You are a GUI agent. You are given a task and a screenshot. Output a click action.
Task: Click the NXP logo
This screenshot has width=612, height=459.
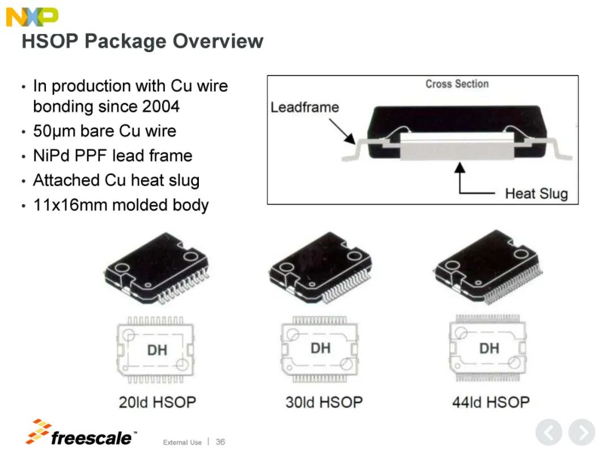click(32, 17)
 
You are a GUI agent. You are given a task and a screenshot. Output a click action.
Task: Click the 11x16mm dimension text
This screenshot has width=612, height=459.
click(70, 205)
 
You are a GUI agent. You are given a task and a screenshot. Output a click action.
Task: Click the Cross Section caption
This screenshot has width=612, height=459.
click(457, 84)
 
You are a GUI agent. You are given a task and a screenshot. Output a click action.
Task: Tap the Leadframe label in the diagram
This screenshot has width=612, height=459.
click(305, 107)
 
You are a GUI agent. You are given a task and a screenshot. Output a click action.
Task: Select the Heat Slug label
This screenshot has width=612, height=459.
click(536, 194)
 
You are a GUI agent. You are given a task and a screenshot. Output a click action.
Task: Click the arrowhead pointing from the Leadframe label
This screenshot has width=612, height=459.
click(351, 139)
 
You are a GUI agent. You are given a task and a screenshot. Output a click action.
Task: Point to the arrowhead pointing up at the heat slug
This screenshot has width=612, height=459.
click(460, 167)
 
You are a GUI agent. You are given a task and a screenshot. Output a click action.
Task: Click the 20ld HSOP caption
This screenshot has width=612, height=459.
click(158, 402)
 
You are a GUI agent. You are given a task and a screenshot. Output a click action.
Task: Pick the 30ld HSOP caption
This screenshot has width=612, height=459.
click(324, 402)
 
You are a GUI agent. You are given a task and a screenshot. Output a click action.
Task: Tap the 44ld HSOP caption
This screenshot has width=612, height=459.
click(491, 402)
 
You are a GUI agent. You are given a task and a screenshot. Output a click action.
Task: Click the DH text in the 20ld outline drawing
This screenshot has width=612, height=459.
click(158, 350)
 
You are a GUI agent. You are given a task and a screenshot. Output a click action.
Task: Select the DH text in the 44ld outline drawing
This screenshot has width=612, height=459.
click(489, 348)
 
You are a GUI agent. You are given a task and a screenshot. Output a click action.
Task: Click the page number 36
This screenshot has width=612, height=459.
click(220, 442)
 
